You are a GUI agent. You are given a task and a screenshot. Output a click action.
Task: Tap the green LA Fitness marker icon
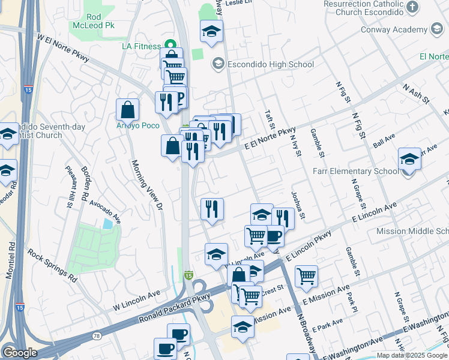coord(170,46)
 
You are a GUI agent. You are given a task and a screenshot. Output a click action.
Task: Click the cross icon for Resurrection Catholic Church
coord(412,7)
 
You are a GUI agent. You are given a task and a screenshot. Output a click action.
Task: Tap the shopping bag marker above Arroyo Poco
coord(128,110)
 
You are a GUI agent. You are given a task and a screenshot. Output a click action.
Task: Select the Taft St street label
coord(270,120)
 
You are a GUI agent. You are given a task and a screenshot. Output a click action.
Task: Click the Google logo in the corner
coord(20,353)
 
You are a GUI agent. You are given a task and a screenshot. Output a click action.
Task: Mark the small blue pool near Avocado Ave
coord(107,224)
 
